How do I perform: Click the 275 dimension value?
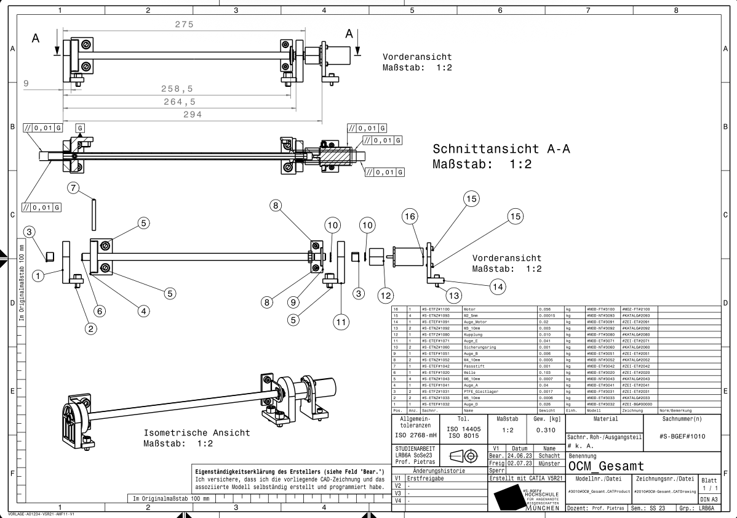pyautogui.click(x=184, y=25)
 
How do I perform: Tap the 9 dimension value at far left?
pyautogui.click(x=26, y=83)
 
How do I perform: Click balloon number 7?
pyautogui.click(x=74, y=188)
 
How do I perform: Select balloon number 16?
pyautogui.click(x=410, y=216)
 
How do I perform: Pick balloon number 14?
pyautogui.click(x=498, y=286)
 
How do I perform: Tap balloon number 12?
pyautogui.click(x=386, y=296)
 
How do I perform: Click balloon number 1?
pyautogui.click(x=39, y=276)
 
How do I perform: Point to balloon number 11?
pyautogui.click(x=341, y=321)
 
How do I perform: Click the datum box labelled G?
pyautogui.click(x=79, y=128)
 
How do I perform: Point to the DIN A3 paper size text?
pyautogui.click(x=709, y=499)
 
